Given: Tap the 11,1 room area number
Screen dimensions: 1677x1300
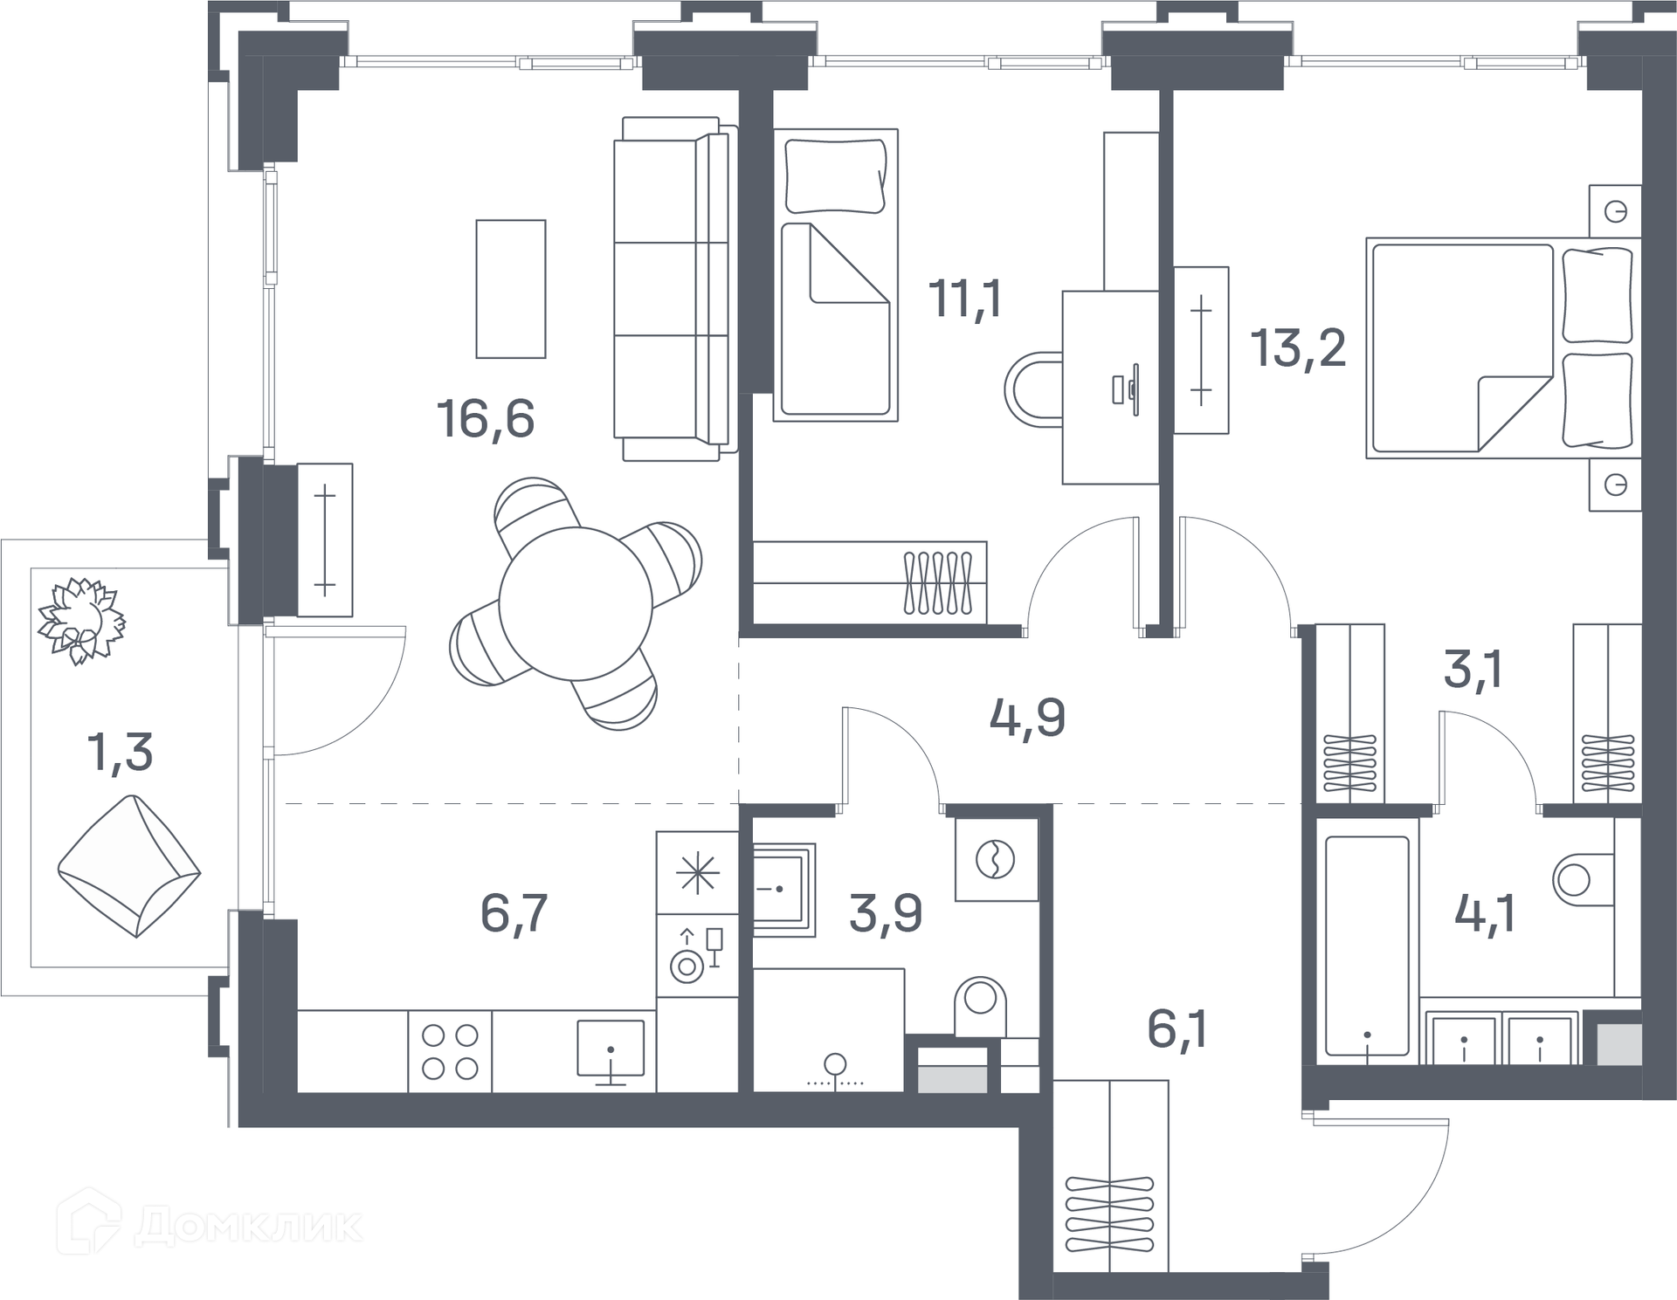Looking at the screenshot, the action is tap(965, 299).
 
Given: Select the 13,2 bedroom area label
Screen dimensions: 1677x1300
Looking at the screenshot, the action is tap(1298, 347).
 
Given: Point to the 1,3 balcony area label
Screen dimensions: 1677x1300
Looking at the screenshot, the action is tap(121, 752).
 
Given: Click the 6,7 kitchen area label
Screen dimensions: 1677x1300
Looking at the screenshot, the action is tap(514, 912).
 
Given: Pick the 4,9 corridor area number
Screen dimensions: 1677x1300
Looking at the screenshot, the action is tap(1027, 719).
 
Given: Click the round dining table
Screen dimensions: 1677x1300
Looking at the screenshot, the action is tap(576, 603).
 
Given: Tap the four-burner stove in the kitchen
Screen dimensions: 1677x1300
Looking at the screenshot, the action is tap(450, 1051).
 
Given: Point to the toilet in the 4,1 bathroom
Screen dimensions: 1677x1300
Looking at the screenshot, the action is tap(1583, 879).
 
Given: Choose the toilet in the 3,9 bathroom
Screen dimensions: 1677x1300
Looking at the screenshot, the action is tap(981, 1006).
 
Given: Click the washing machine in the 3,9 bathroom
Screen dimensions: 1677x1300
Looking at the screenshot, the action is tap(997, 859).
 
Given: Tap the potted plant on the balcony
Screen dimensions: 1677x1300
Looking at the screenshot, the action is tap(80, 620).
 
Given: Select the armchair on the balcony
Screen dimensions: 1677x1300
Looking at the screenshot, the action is tap(129, 865).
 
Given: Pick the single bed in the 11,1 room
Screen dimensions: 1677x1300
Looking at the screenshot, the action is tap(836, 275).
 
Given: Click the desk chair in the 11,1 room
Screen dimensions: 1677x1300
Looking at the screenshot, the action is tap(1033, 389).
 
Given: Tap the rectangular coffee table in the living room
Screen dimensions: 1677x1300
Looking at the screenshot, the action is tap(511, 289).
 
